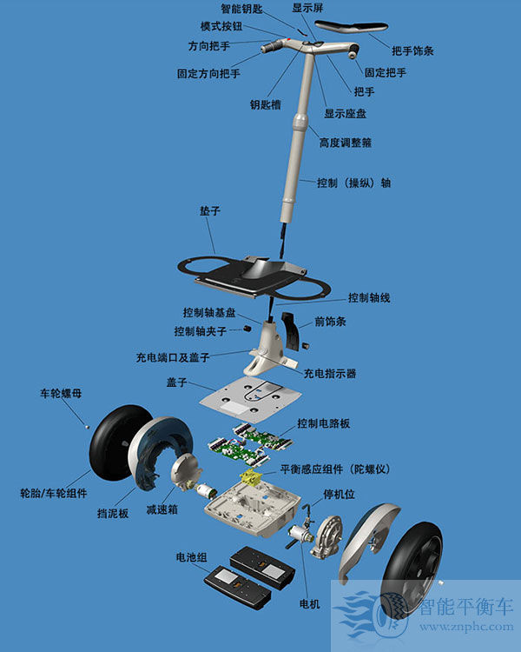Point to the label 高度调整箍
tap(347, 142)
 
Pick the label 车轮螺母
tap(61, 393)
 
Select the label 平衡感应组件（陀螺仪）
tap(334, 469)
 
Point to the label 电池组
tap(191, 556)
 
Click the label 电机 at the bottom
tap(309, 602)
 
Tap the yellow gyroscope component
tap(252, 477)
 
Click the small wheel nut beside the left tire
tap(86, 425)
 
